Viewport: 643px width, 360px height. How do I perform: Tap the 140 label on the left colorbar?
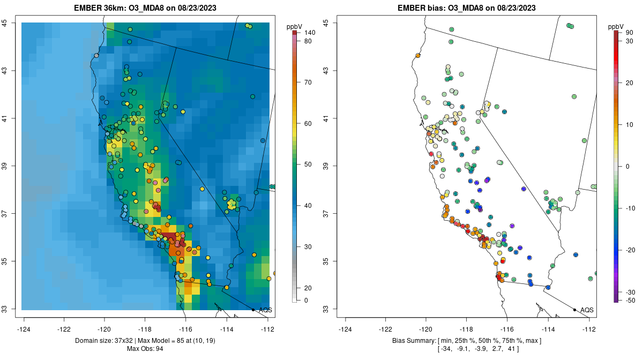[309, 33]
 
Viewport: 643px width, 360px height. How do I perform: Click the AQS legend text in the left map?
[265, 310]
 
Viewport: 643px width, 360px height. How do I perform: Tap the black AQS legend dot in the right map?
[574, 310]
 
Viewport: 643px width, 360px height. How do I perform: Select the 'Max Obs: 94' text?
[145, 349]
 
